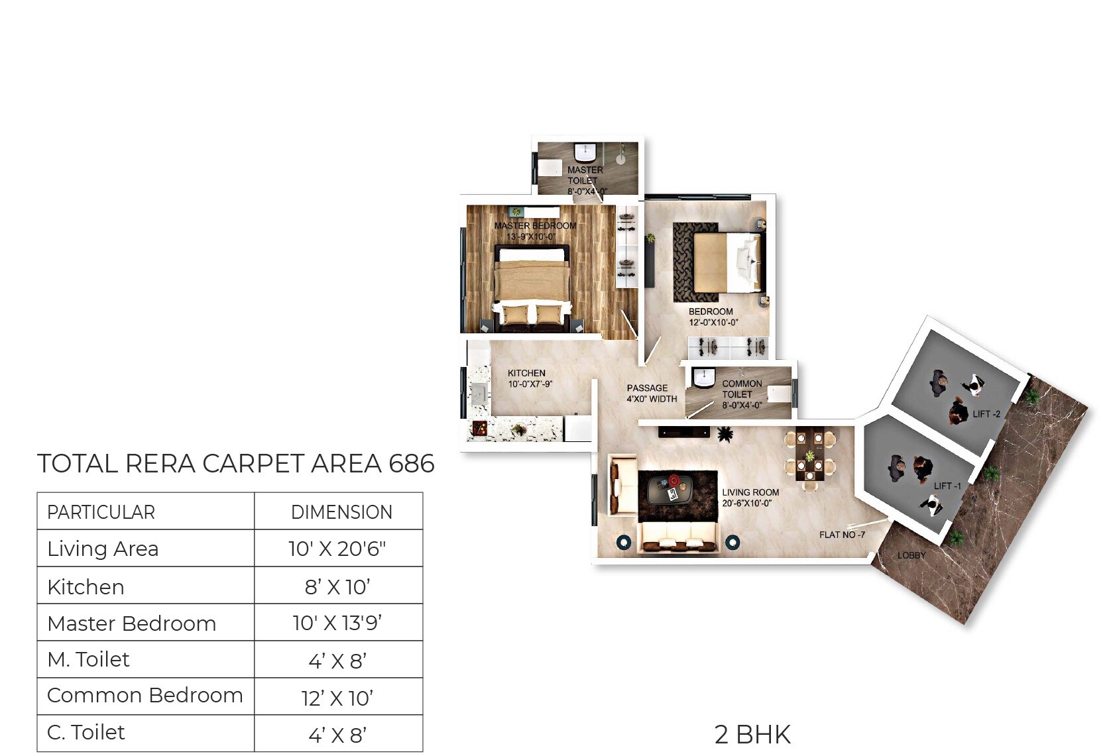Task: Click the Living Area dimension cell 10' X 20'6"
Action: click(337, 549)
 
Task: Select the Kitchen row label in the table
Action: click(86, 587)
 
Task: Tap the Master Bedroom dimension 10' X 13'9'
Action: click(337, 623)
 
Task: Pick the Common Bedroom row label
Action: click(145, 695)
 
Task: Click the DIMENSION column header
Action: click(341, 512)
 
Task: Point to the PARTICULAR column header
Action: click(101, 512)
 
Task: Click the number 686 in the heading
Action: click(412, 464)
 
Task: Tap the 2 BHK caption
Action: click(752, 735)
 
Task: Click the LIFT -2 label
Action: click(986, 414)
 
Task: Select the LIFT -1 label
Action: click(947, 486)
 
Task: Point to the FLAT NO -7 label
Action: click(841, 535)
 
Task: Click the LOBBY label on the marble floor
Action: click(911, 555)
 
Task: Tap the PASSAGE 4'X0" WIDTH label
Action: click(651, 394)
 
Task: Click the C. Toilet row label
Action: click(86, 732)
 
